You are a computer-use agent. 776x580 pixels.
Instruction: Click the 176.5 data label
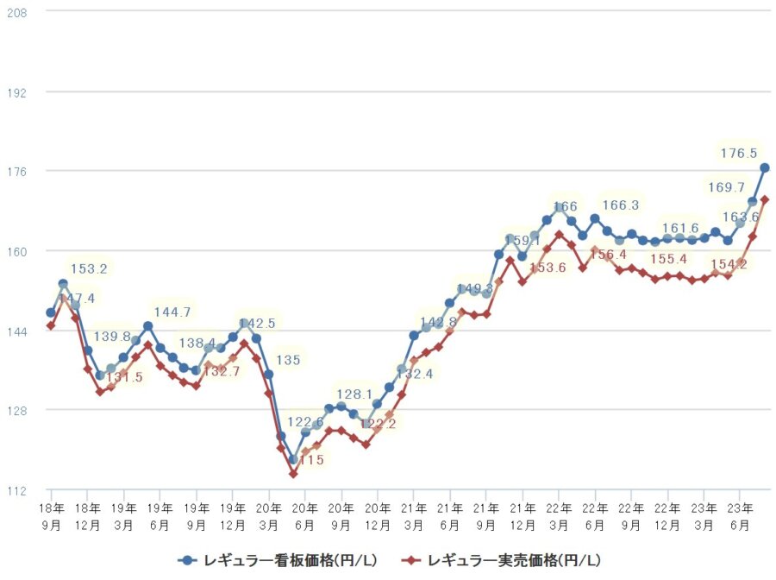(739, 154)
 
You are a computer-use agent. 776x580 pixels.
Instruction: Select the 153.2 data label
(89, 269)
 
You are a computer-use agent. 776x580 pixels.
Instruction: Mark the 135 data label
(288, 359)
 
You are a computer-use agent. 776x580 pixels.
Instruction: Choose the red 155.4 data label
(669, 259)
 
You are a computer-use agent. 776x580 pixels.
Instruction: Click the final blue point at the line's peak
(765, 167)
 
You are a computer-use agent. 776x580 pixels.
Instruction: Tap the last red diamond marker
(765, 199)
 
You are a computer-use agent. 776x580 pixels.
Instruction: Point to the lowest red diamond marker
(293, 474)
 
